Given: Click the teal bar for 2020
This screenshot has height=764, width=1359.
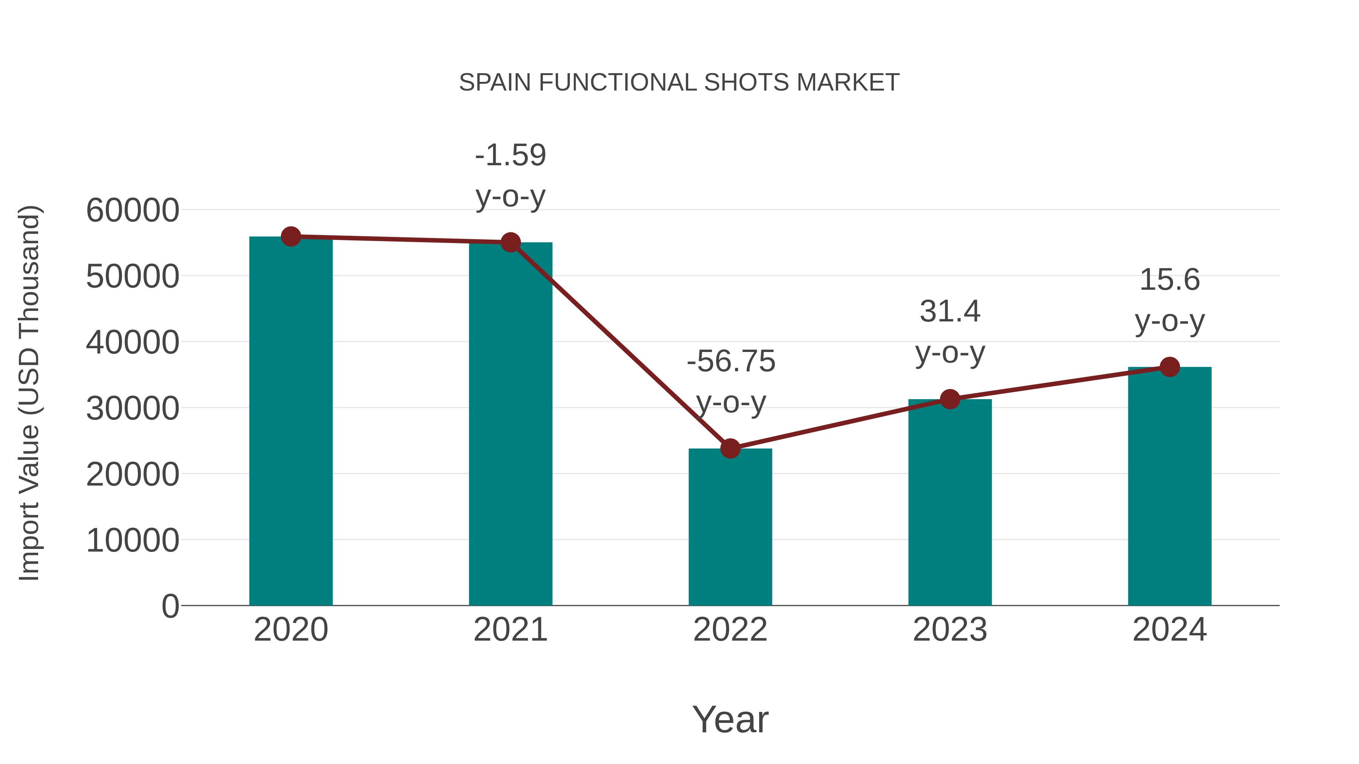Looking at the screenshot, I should click(x=291, y=422).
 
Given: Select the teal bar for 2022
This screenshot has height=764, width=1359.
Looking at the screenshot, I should click(x=730, y=527).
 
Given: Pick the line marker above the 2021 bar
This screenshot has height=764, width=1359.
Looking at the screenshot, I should click(x=510, y=243).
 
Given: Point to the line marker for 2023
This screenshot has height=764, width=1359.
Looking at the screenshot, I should click(x=950, y=399).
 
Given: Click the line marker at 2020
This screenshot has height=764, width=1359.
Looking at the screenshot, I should click(x=291, y=237).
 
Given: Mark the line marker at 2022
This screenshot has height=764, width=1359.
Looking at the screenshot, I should click(x=730, y=449).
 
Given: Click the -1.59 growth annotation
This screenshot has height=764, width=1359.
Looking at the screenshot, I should click(x=510, y=155).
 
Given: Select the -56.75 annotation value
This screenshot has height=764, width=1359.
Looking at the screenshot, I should click(x=731, y=362).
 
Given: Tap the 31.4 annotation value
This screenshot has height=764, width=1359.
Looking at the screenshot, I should click(x=950, y=312).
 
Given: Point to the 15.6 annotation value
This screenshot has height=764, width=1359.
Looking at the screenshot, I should click(x=1169, y=280).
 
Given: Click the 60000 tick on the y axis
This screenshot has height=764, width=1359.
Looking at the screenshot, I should click(x=133, y=211).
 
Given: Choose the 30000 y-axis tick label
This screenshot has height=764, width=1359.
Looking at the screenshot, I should click(x=133, y=409).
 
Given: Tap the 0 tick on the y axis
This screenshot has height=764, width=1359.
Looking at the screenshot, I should click(x=170, y=606).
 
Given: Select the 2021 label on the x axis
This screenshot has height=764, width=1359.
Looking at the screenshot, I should click(x=510, y=630).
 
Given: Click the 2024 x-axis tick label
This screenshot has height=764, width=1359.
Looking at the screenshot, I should click(x=1169, y=630).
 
